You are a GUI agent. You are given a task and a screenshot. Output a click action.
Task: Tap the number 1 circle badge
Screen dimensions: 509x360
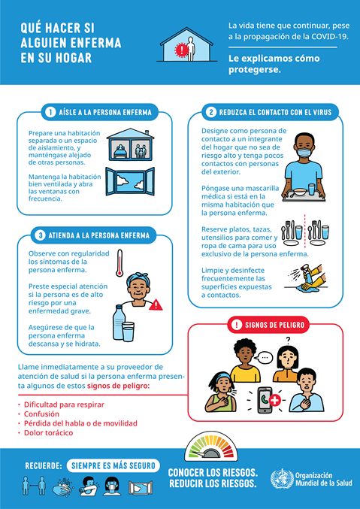point(50,113)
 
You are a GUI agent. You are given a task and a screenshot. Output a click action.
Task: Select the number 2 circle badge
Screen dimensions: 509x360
point(212,113)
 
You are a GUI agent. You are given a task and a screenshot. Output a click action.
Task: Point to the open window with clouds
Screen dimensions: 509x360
point(130,183)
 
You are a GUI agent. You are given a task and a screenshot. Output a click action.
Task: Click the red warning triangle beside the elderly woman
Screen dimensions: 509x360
point(156,304)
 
